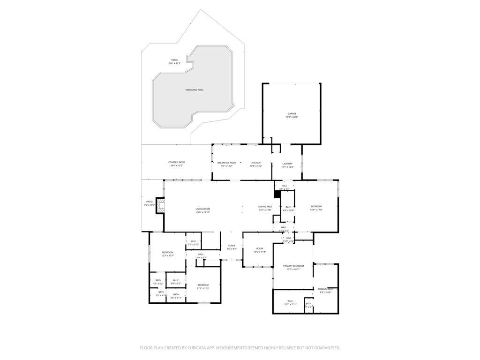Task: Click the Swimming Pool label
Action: click(195, 90)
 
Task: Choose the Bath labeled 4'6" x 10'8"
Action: click(288, 209)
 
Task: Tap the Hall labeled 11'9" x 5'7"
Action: click(201, 255)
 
